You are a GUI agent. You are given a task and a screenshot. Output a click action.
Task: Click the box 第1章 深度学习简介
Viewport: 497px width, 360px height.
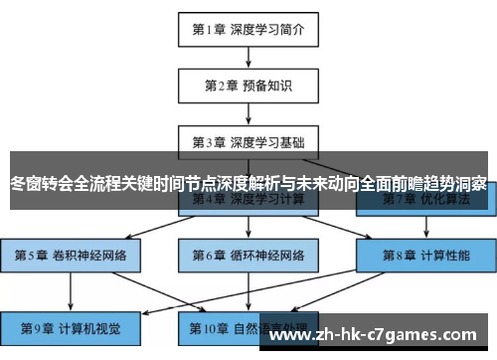[248, 29]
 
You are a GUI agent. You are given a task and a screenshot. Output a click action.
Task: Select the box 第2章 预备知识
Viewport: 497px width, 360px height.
[248, 86]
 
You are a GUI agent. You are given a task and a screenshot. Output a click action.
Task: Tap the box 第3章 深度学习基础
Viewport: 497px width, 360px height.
[248, 142]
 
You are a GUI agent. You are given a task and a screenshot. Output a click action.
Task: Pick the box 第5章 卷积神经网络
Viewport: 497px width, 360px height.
[71, 255]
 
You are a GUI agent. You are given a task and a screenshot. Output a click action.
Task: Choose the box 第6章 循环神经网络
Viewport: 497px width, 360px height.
[248, 255]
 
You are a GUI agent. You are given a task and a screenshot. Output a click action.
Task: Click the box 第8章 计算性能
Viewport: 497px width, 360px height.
[425, 255]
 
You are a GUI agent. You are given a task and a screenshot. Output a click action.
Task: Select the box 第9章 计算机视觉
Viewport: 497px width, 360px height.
[71, 327]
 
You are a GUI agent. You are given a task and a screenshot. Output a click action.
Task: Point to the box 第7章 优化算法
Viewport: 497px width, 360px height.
[425, 199]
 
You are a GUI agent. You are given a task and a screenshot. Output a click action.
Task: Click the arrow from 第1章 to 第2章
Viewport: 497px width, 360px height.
[248, 57]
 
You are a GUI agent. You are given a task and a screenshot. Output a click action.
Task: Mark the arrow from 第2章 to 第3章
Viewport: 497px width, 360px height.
[248, 113]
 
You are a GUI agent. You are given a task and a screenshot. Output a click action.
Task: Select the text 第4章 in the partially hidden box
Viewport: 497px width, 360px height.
[210, 200]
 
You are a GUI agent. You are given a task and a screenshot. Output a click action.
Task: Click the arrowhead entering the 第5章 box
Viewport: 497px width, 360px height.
[71, 236]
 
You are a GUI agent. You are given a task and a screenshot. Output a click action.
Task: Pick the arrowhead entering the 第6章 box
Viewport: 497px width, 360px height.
[248, 236]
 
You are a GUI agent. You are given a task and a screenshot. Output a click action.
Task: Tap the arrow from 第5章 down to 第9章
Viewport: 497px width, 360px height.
[71, 290]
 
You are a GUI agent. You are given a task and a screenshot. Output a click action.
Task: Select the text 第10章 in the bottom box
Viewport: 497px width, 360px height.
[208, 327]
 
